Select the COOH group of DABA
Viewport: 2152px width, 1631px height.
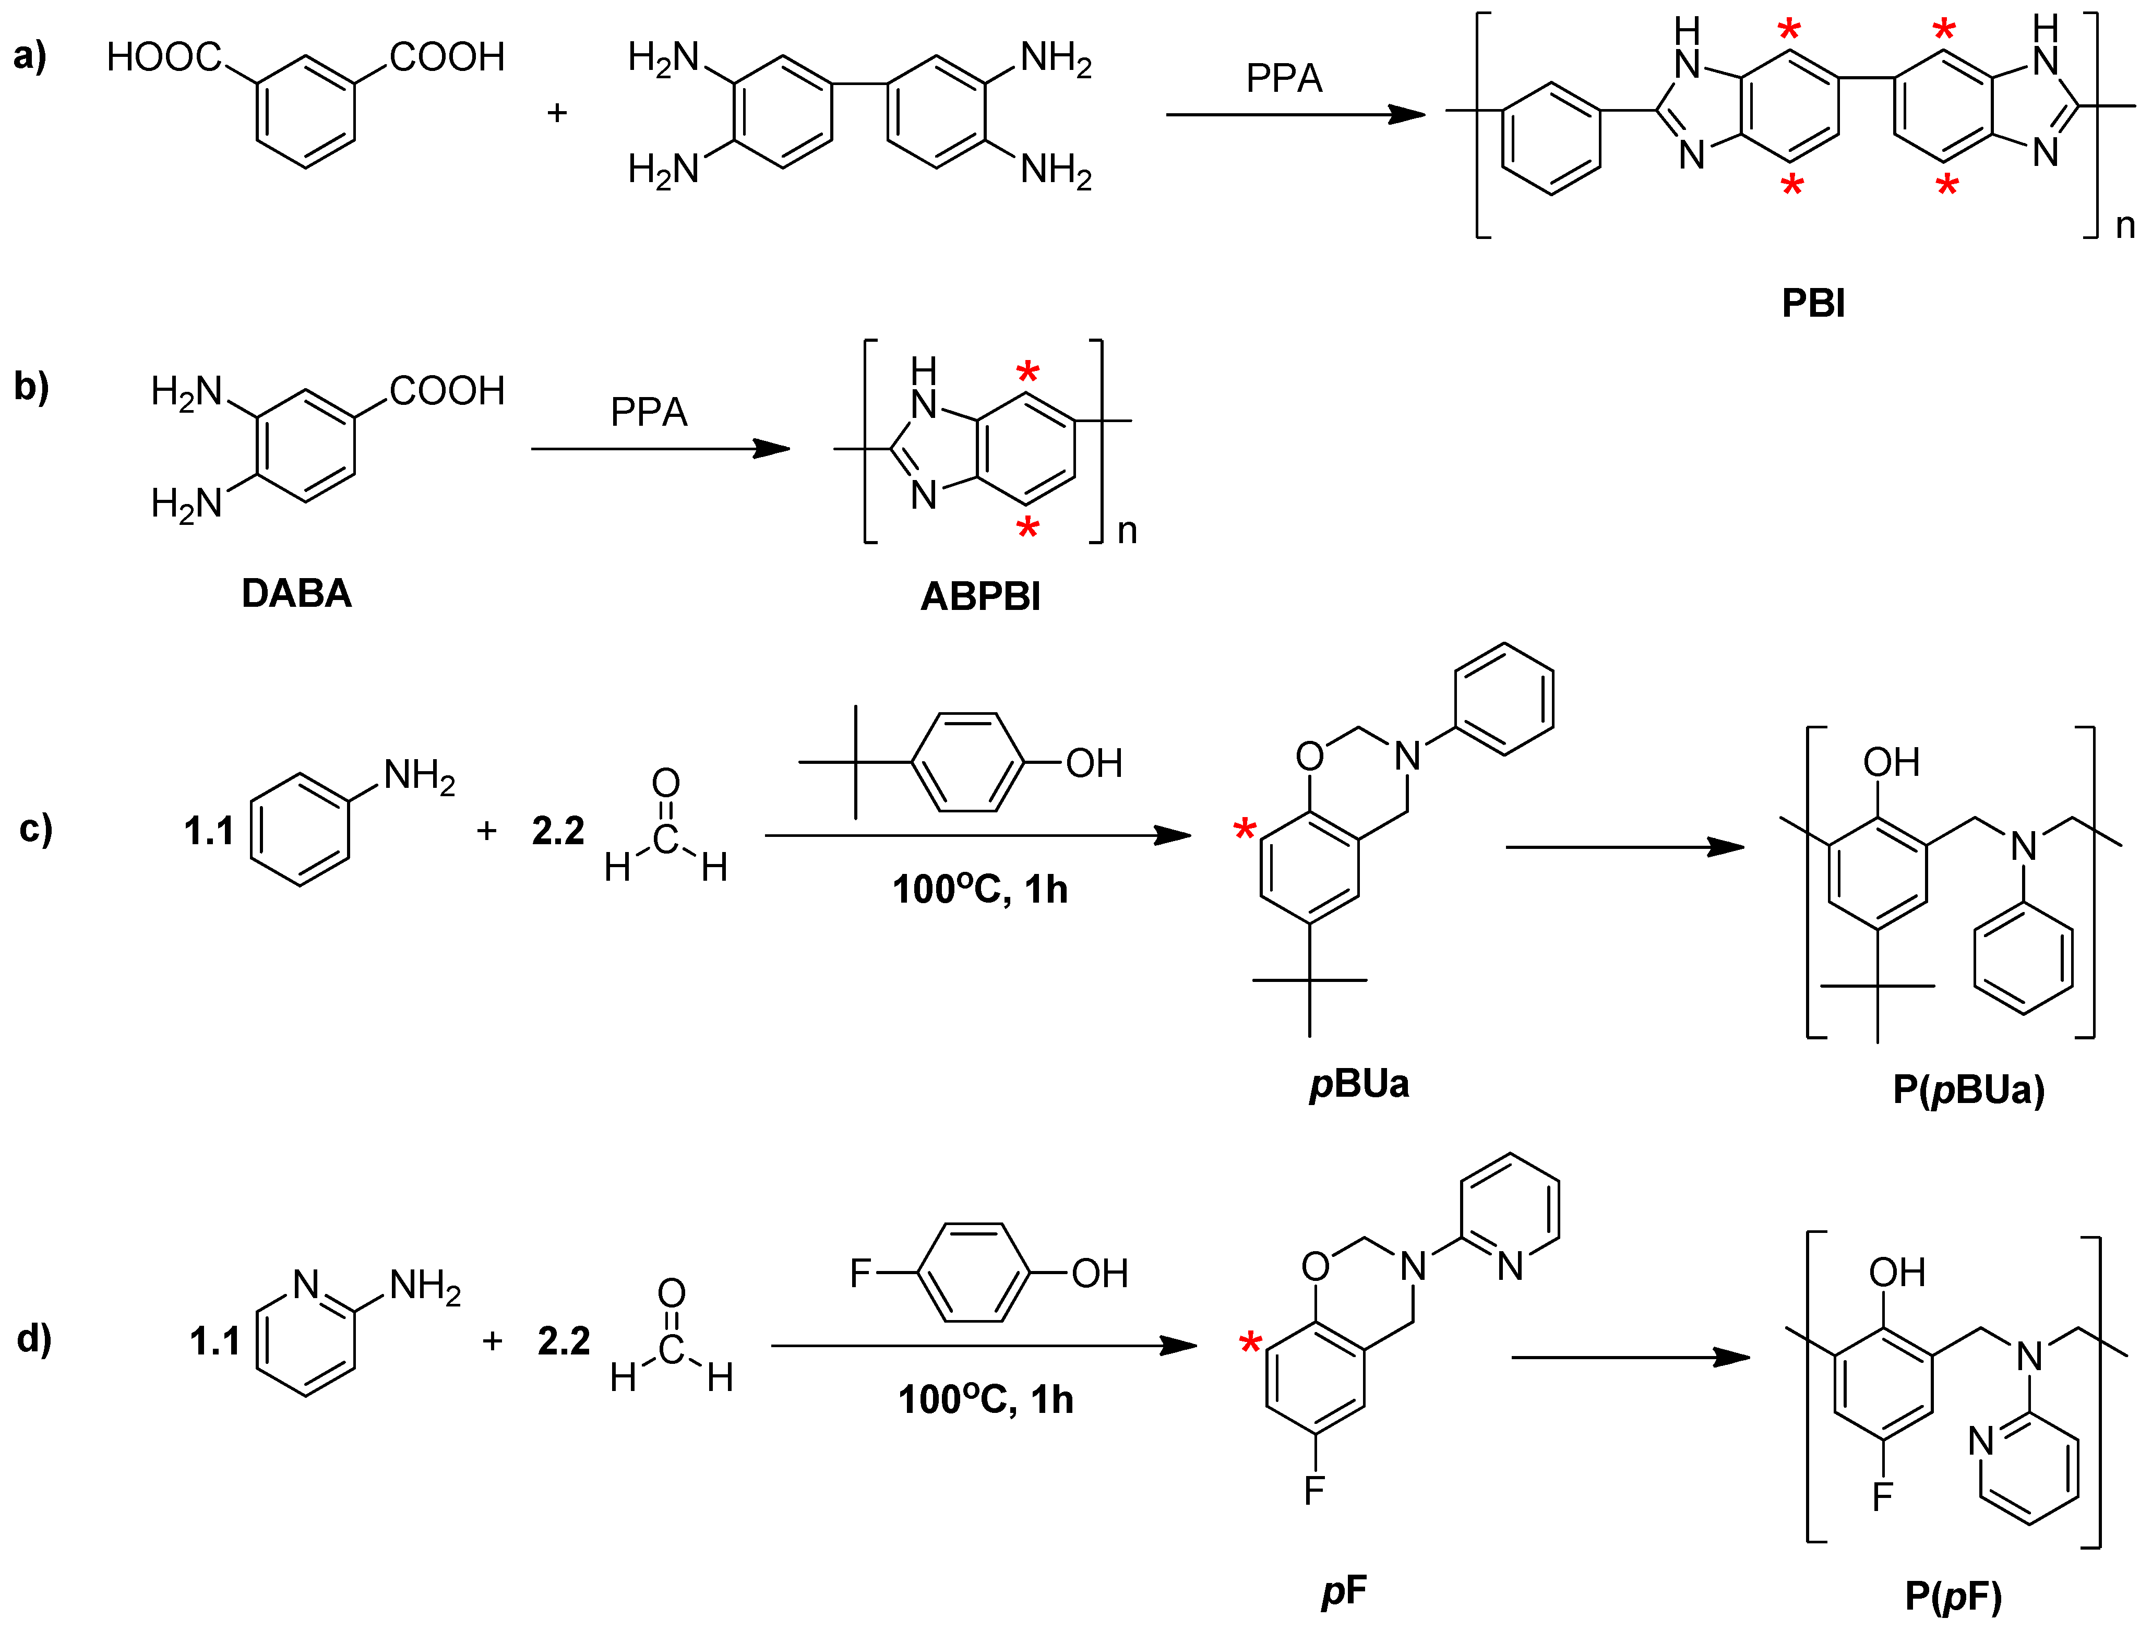pos(447,391)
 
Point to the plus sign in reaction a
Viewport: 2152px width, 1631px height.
pos(556,113)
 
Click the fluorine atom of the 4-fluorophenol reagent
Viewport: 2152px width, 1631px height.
pos(860,1273)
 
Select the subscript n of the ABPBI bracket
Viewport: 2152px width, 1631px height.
pos(1127,531)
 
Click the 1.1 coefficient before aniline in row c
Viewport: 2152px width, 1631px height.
pos(209,832)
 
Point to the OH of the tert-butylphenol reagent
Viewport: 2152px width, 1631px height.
pos(1094,763)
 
